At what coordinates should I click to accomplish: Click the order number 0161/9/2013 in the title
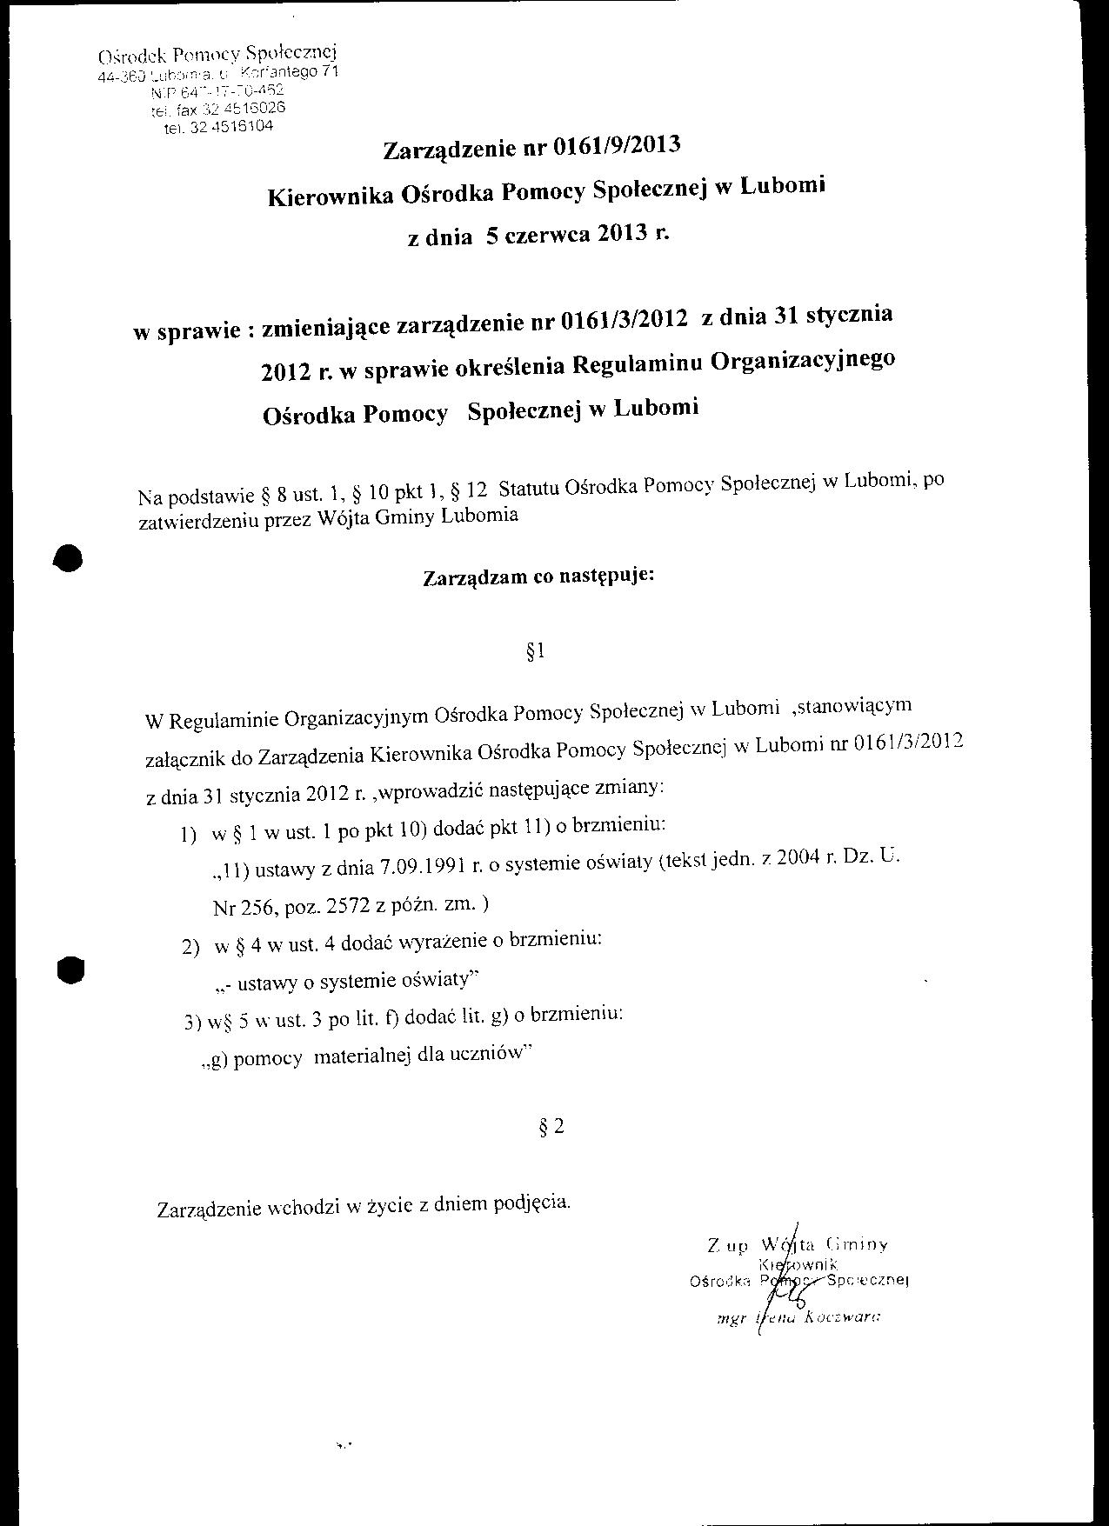click(x=614, y=147)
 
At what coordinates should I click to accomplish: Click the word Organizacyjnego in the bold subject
click(x=802, y=359)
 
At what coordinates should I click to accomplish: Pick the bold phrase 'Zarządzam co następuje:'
click(x=538, y=577)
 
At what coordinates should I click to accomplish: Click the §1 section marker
click(x=536, y=653)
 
